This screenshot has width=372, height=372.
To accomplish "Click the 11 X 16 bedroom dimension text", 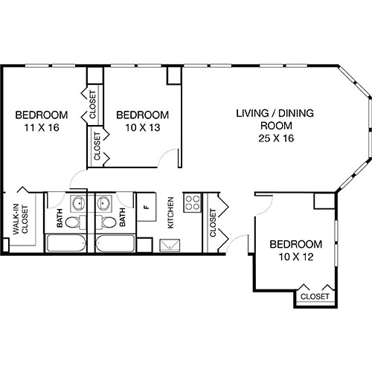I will click(x=42, y=129).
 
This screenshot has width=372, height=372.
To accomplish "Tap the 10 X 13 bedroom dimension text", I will click(x=142, y=129).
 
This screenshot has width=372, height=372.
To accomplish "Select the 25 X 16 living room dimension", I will click(x=275, y=138).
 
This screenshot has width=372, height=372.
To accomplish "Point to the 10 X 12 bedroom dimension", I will click(x=295, y=257).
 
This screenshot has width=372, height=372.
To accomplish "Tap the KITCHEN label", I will click(x=170, y=213).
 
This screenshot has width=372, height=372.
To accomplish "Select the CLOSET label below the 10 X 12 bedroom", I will click(x=315, y=297).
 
